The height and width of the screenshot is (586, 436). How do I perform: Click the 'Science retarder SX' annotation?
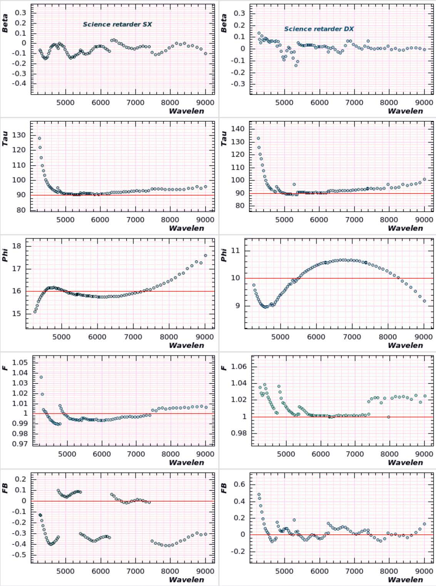point(117,24)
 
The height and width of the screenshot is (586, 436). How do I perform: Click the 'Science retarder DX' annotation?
point(319,29)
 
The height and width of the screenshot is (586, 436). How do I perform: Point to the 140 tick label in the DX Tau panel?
point(238,129)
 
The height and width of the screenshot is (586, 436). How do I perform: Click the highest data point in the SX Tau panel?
point(39,138)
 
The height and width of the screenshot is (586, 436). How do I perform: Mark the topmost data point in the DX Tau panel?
point(258,138)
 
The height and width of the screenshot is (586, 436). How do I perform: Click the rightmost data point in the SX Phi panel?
point(205,256)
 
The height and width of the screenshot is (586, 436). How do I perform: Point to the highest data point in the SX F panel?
point(41,377)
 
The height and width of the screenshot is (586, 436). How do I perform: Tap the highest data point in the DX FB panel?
point(259,494)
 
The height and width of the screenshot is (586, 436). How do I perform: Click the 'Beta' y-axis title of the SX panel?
point(5,23)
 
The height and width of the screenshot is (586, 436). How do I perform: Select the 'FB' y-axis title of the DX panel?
point(224,489)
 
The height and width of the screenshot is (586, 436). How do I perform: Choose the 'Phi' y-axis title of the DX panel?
point(224,255)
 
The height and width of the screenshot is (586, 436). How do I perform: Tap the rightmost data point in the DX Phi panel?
point(424,301)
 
